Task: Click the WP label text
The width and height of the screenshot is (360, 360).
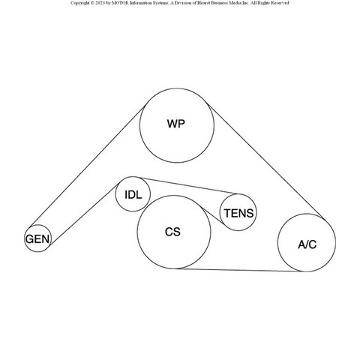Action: [176, 124]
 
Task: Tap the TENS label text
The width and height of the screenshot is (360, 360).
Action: [238, 213]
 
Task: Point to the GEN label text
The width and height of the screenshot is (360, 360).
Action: [37, 239]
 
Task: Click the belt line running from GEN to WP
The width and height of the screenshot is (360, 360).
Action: [87, 166]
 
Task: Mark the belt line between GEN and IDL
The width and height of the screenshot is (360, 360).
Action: [83, 215]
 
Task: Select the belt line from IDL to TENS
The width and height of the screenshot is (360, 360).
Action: [189, 186]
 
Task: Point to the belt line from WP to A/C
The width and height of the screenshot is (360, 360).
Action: [266, 163]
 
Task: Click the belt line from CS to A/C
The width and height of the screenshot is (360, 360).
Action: [239, 270]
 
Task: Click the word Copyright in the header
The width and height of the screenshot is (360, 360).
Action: [79, 3]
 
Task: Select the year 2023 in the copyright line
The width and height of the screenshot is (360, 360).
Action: [100, 3]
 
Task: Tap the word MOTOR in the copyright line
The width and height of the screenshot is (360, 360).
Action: [121, 3]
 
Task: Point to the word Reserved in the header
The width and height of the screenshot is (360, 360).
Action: [280, 3]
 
